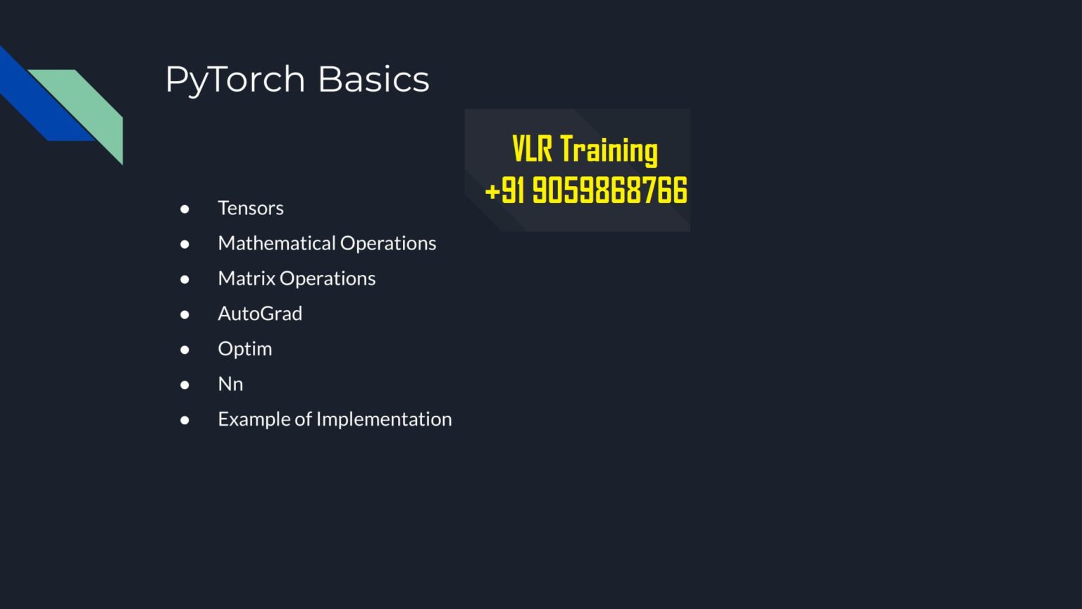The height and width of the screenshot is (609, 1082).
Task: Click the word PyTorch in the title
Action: pyautogui.click(x=235, y=80)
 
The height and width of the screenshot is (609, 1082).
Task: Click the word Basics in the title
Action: pyautogui.click(x=373, y=80)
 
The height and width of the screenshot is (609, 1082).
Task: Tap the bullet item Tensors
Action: pyautogui.click(x=251, y=208)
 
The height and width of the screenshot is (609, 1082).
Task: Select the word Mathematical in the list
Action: pyautogui.click(x=277, y=243)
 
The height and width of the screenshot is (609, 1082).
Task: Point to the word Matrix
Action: pyautogui.click(x=247, y=278)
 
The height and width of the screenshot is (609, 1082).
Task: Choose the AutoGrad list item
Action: pyautogui.click(x=260, y=314)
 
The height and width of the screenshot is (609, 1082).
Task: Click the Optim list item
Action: pyautogui.click(x=244, y=349)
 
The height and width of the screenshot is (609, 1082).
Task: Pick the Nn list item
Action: pyautogui.click(x=230, y=384)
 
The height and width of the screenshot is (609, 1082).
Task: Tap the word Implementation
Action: pyautogui.click(x=384, y=419)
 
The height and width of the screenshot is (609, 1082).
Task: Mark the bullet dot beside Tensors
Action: pyautogui.click(x=185, y=209)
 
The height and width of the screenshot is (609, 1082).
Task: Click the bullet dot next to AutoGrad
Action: pyautogui.click(x=185, y=314)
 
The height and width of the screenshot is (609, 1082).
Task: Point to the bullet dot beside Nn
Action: pyautogui.click(x=185, y=385)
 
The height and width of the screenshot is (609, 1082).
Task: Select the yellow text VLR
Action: pyautogui.click(x=532, y=149)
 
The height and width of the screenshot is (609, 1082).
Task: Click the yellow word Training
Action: pyautogui.click(x=609, y=150)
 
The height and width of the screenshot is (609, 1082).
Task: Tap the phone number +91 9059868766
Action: pyautogui.click(x=586, y=190)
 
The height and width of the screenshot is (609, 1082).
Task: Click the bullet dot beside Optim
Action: pyautogui.click(x=185, y=350)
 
